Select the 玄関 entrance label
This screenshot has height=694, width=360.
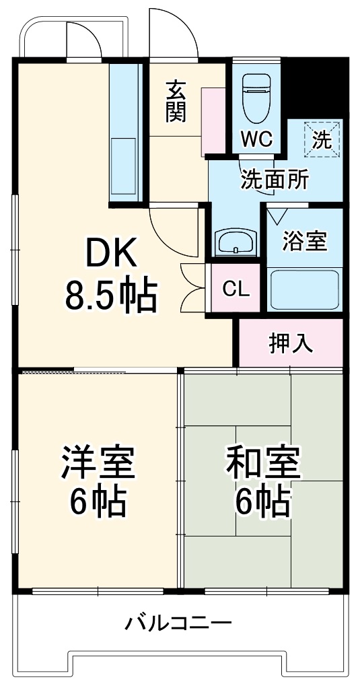pyautogui.click(x=176, y=101)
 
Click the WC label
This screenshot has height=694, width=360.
pyautogui.click(x=256, y=139)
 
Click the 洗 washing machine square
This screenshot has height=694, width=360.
pyautogui.click(x=321, y=139)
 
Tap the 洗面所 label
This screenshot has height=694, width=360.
pyautogui.click(x=275, y=180)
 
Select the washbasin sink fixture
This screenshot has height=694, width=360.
pyautogui.click(x=236, y=241)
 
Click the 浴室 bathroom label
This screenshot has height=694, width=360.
pyautogui.click(x=305, y=240)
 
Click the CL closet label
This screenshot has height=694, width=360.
pyautogui.click(x=236, y=289)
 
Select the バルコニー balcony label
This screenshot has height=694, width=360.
pyautogui.click(x=178, y=623)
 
